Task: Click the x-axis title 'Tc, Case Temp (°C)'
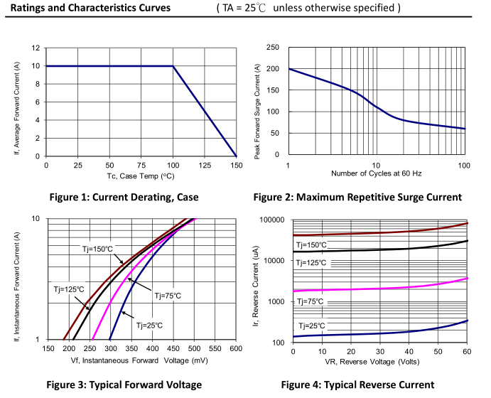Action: [x=141, y=176]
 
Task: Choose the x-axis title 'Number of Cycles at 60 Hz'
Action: [x=376, y=173]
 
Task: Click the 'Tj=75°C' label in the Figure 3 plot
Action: [x=165, y=295]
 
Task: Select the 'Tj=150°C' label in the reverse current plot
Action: [x=311, y=245]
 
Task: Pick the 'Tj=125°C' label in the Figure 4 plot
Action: [x=311, y=263]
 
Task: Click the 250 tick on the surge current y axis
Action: [x=273, y=48]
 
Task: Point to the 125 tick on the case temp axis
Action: [x=205, y=165]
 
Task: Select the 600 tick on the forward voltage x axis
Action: [x=237, y=349]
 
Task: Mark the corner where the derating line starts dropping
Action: [x=173, y=66]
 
